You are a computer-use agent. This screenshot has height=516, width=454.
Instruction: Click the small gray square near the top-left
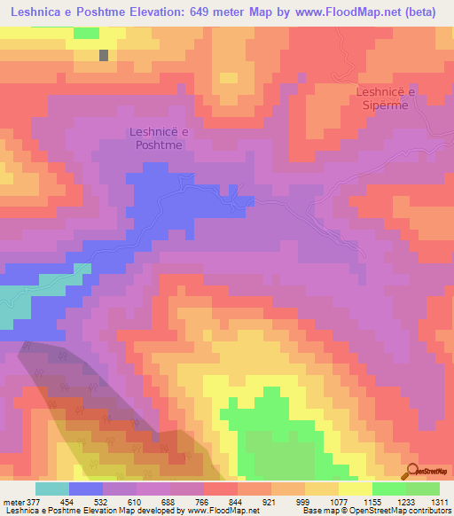104,55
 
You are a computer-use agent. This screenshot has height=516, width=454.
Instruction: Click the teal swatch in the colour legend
52,488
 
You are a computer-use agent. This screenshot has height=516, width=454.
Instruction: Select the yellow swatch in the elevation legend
356,488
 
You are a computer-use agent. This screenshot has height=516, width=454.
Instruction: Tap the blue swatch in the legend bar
86,488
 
